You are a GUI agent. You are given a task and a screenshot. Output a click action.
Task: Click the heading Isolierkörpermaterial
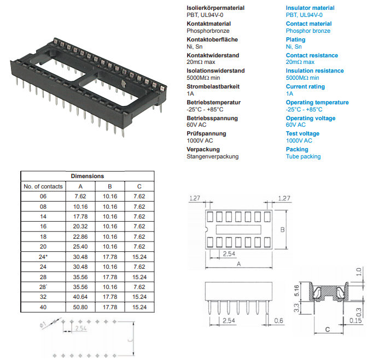(215, 8)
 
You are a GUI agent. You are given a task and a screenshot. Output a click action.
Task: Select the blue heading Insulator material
(310, 8)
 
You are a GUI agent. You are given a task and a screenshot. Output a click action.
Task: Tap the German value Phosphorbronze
(208, 31)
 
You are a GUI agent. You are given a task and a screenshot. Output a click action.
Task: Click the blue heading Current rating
(305, 86)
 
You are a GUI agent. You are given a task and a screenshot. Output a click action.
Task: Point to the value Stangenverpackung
(213, 156)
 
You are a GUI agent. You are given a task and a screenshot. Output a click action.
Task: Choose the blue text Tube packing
(303, 156)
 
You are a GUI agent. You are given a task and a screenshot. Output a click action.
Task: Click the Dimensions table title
(88, 176)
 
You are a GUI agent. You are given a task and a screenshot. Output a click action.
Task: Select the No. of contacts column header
(43, 186)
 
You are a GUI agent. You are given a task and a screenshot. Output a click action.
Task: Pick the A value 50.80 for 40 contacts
(81, 308)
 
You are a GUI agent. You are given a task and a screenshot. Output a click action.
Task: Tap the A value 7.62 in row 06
(81, 196)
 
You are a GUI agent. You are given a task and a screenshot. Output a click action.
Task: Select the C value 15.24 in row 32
(139, 297)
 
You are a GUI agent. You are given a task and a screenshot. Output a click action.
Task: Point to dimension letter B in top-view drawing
(282, 231)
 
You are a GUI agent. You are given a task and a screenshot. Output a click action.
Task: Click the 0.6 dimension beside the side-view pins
(279, 321)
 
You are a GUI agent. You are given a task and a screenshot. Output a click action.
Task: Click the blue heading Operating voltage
(311, 118)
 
